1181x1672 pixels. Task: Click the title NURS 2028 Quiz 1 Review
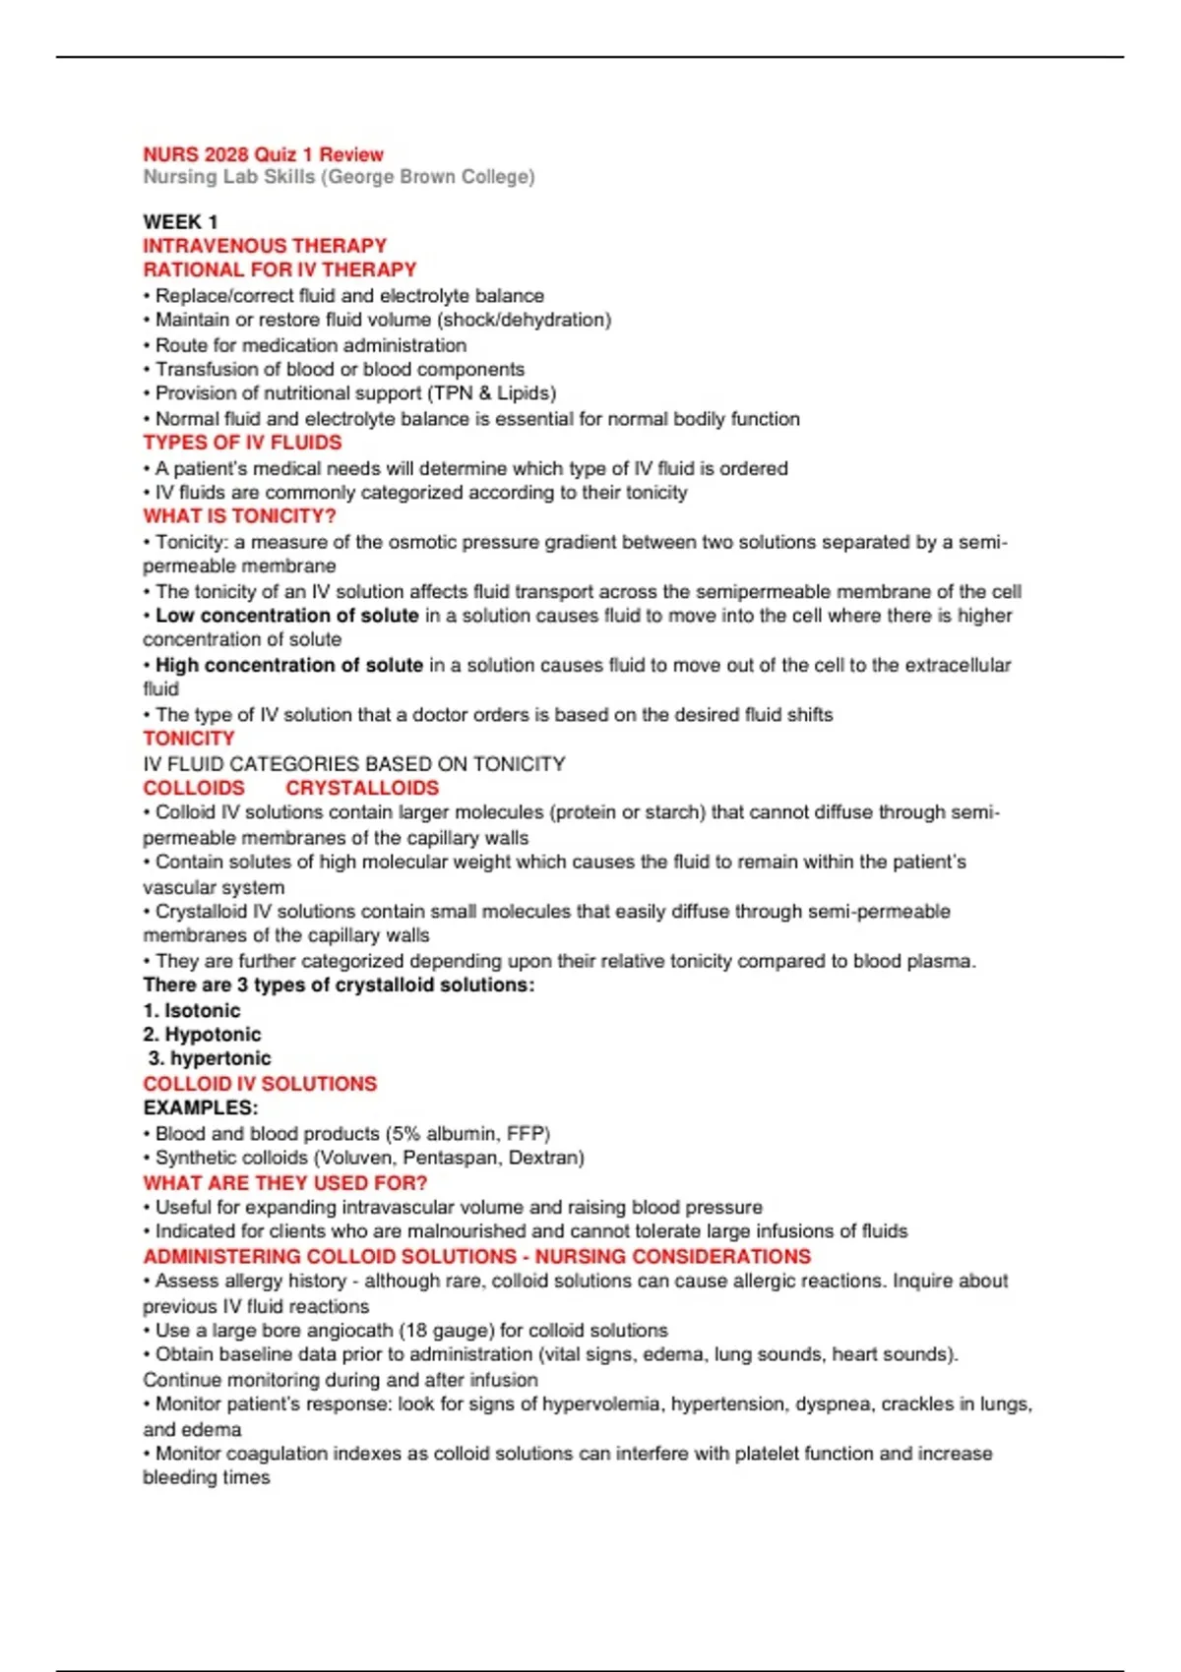pos(263,154)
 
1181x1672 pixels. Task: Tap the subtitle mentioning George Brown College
pos(339,177)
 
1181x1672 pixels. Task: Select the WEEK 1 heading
pos(180,222)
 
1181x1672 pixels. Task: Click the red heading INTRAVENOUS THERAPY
pos(265,246)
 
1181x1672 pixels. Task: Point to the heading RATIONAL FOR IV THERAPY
pos(280,269)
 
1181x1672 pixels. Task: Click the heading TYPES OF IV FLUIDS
pos(242,443)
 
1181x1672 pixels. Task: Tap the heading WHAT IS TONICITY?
pos(239,516)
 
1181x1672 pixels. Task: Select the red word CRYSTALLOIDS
pos(362,788)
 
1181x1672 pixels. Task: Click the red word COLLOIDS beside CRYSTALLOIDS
pos(194,788)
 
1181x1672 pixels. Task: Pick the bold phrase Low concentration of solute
pos(286,616)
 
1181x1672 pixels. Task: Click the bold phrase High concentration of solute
pos(288,665)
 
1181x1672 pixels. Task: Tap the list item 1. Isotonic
pos(192,1010)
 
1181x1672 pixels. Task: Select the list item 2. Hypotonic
pos(202,1035)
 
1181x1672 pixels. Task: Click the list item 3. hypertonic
pos(210,1058)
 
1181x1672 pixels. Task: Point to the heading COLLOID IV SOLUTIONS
pos(260,1084)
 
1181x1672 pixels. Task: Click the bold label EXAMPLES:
pos(201,1108)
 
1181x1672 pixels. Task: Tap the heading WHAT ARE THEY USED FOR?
pos(285,1182)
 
